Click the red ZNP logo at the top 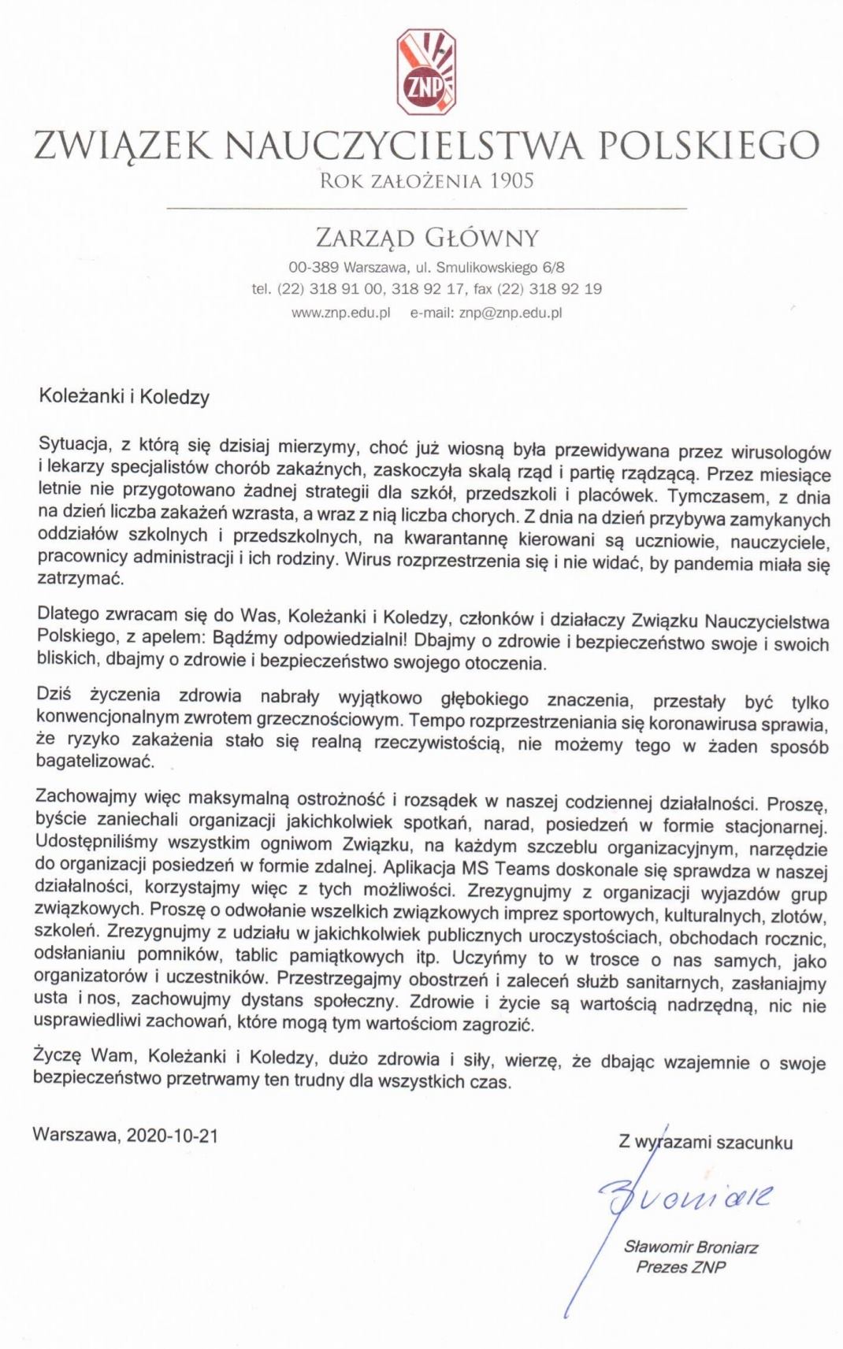425,70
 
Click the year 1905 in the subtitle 511,181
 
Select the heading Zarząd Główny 426,237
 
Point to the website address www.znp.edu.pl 341,312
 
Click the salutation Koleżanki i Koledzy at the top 124,397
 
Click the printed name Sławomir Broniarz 690,1247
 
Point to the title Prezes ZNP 681,1267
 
